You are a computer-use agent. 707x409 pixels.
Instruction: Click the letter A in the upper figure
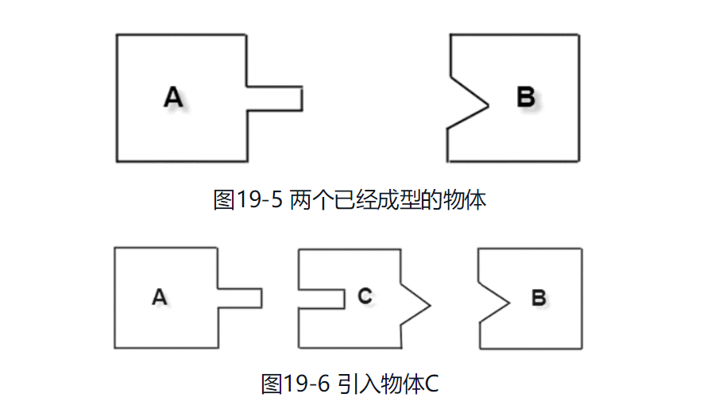pyautogui.click(x=173, y=98)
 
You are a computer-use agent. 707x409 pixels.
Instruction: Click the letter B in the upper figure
pyautogui.click(x=526, y=98)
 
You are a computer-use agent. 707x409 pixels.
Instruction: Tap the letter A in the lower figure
pyautogui.click(x=159, y=298)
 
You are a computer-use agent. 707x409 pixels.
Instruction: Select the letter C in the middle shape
pyautogui.click(x=365, y=296)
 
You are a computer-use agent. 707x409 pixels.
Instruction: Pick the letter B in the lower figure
pyautogui.click(x=538, y=299)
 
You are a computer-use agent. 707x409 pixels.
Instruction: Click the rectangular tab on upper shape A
pyautogui.click(x=274, y=98)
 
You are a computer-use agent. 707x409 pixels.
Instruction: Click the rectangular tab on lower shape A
pyautogui.click(x=239, y=298)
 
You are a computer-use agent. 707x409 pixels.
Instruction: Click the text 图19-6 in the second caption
pyautogui.click(x=295, y=384)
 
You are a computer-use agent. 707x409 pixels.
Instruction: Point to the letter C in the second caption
pyautogui.click(x=431, y=384)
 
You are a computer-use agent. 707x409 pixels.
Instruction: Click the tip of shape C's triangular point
pyautogui.click(x=430, y=305)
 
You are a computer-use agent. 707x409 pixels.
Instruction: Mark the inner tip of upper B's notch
pyautogui.click(x=488, y=106)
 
